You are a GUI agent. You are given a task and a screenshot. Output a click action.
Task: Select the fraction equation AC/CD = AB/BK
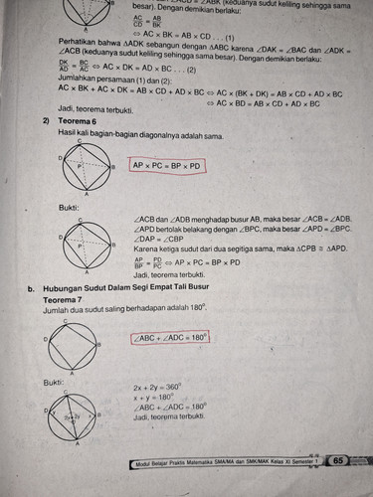pyautogui.click(x=152, y=22)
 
